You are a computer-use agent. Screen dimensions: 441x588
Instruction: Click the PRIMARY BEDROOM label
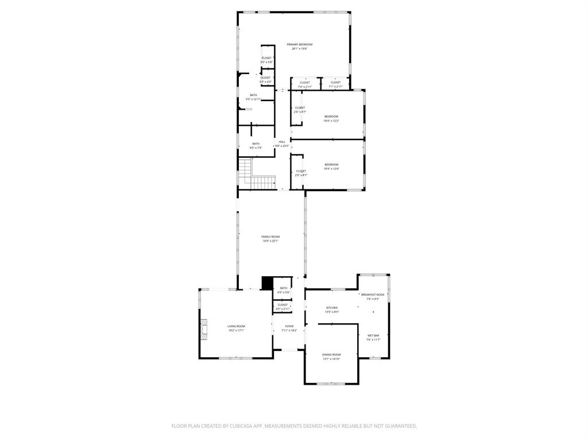pos(300,44)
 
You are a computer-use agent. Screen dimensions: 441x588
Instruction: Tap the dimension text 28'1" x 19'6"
pos(300,49)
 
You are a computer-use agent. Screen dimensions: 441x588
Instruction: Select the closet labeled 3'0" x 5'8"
pos(266,60)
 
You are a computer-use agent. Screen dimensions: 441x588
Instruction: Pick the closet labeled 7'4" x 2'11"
pos(305,84)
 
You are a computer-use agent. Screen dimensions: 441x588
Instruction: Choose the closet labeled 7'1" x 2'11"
pos(335,84)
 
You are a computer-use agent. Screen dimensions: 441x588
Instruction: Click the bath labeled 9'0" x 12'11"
pos(253,97)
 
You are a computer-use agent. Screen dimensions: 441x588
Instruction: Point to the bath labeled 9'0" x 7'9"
pos(256,146)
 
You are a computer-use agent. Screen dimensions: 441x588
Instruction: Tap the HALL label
pos(282,142)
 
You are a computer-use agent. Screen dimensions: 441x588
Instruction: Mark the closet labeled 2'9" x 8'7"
pos(301,173)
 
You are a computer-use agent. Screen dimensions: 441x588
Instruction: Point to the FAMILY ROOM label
pos(270,237)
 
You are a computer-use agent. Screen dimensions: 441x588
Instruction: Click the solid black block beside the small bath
pos(267,283)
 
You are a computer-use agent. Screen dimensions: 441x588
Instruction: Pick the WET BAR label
pos(373,335)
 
